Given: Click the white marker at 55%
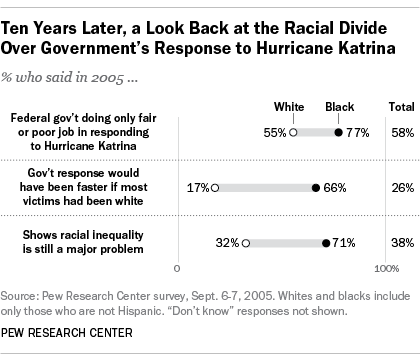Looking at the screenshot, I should pyautogui.click(x=293, y=131).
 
